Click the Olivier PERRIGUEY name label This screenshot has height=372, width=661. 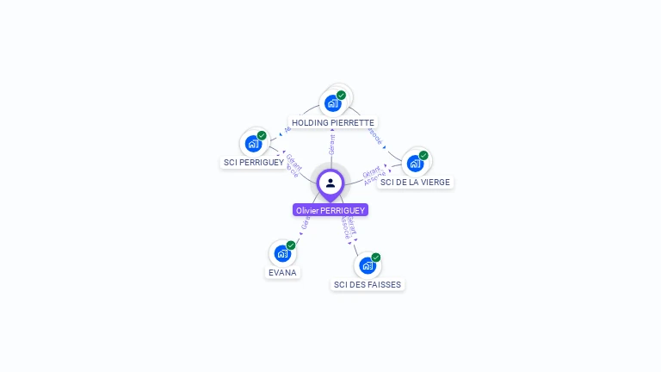[x=330, y=210]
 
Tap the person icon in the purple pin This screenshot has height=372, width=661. [x=330, y=183]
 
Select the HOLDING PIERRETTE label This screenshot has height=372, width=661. [x=333, y=122]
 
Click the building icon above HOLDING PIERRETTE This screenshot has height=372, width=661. [x=332, y=103]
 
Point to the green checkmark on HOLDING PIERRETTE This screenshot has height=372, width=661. [x=342, y=95]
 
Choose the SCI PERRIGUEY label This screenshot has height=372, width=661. [x=254, y=162]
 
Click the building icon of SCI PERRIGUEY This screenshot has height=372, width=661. [x=253, y=143]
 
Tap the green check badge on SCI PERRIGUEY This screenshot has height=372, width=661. [x=262, y=135]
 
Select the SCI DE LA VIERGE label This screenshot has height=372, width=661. [x=415, y=182]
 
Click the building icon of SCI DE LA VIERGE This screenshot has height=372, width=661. [x=415, y=164]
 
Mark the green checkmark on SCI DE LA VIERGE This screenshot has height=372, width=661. [x=423, y=155]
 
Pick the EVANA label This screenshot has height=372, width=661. [x=282, y=272]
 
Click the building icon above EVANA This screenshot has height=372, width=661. [x=282, y=253]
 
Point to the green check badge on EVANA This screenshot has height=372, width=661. [x=291, y=245]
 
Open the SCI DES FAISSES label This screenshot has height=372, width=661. [x=368, y=284]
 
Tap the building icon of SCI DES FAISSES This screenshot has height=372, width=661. [x=368, y=265]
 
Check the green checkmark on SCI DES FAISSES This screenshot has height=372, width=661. [x=376, y=257]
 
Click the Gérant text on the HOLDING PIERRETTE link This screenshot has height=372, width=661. [x=332, y=145]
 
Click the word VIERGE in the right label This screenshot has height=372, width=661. [x=436, y=182]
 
